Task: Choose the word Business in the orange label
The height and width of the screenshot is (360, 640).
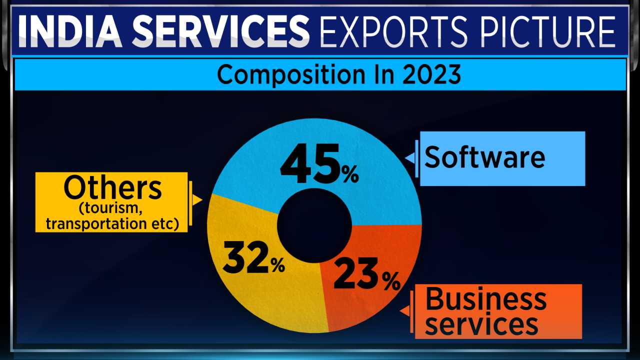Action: [x=485, y=299]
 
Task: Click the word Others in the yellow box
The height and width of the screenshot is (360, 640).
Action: [x=112, y=188]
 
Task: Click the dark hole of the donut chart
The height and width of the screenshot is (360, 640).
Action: [x=314, y=224]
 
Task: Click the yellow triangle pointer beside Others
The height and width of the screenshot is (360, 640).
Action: [x=197, y=200]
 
